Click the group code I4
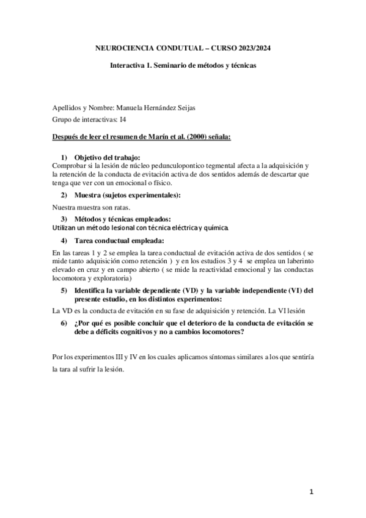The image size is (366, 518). (x=123, y=119)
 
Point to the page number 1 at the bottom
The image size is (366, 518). (x=311, y=491)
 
